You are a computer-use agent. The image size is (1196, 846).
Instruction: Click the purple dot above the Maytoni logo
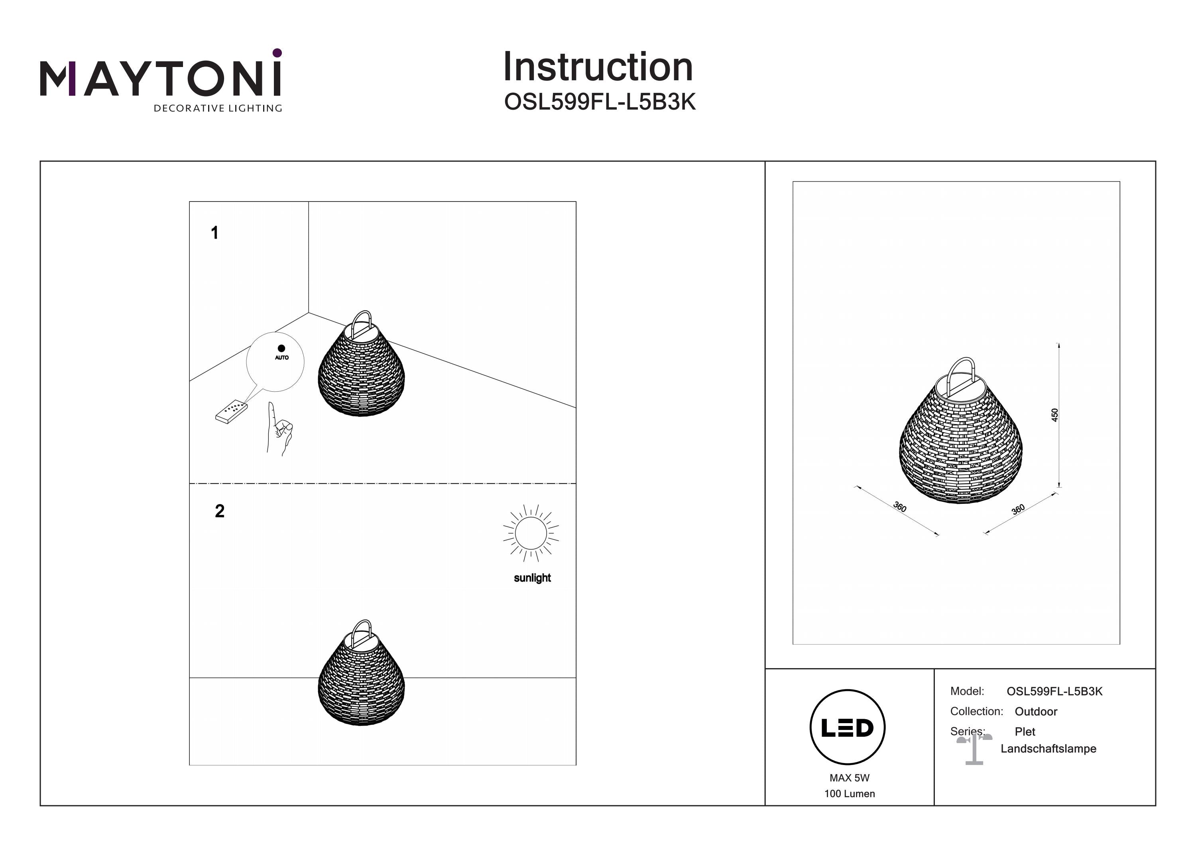tap(277, 53)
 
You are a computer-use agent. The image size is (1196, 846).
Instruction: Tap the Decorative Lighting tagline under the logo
tap(218, 108)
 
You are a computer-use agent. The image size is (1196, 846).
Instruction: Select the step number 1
tap(214, 233)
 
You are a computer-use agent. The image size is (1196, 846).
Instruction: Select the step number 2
tap(220, 511)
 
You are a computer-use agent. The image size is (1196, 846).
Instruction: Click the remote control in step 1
tap(231, 411)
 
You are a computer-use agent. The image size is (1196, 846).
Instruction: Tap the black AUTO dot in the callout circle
tap(281, 348)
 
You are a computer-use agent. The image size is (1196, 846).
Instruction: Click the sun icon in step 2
tap(531, 533)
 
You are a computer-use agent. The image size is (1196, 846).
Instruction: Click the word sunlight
tap(532, 578)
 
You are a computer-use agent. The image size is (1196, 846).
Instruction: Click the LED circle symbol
tap(848, 727)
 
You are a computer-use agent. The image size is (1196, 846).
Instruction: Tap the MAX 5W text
tap(850, 778)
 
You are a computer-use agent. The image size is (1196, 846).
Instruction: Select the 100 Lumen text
tap(850, 793)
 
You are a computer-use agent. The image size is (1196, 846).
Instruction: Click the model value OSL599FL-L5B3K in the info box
tap(1054, 691)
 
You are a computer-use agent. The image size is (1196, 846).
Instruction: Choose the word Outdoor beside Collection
tap(1036, 712)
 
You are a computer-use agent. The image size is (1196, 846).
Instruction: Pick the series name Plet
tap(1025, 732)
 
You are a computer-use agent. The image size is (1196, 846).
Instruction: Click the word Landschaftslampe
tap(1048, 749)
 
